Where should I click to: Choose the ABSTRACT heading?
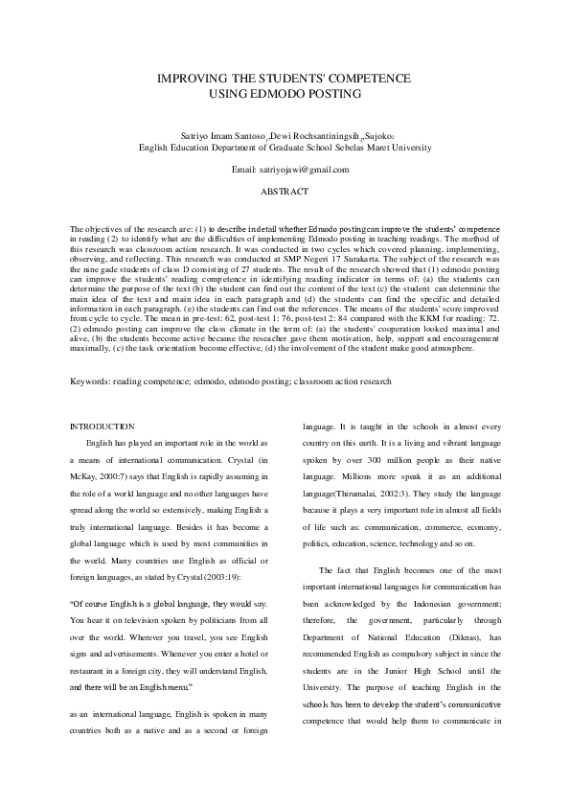pyautogui.click(x=285, y=192)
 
